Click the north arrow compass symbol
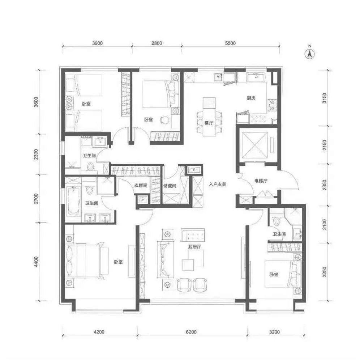[309, 54]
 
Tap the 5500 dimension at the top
[230, 43]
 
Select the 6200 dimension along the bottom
[191, 332]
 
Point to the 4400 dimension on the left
[36, 262]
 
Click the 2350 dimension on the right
[324, 185]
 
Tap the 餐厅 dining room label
[209, 123]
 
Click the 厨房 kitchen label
[251, 98]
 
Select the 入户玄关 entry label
[218, 185]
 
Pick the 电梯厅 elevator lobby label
[261, 181]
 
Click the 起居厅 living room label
[195, 247]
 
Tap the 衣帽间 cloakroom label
[141, 185]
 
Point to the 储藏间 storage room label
[170, 186]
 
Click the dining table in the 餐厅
[209, 117]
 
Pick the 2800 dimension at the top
[157, 43]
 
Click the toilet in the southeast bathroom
[277, 221]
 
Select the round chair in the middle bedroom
[165, 120]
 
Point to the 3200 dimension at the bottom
[274, 332]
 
